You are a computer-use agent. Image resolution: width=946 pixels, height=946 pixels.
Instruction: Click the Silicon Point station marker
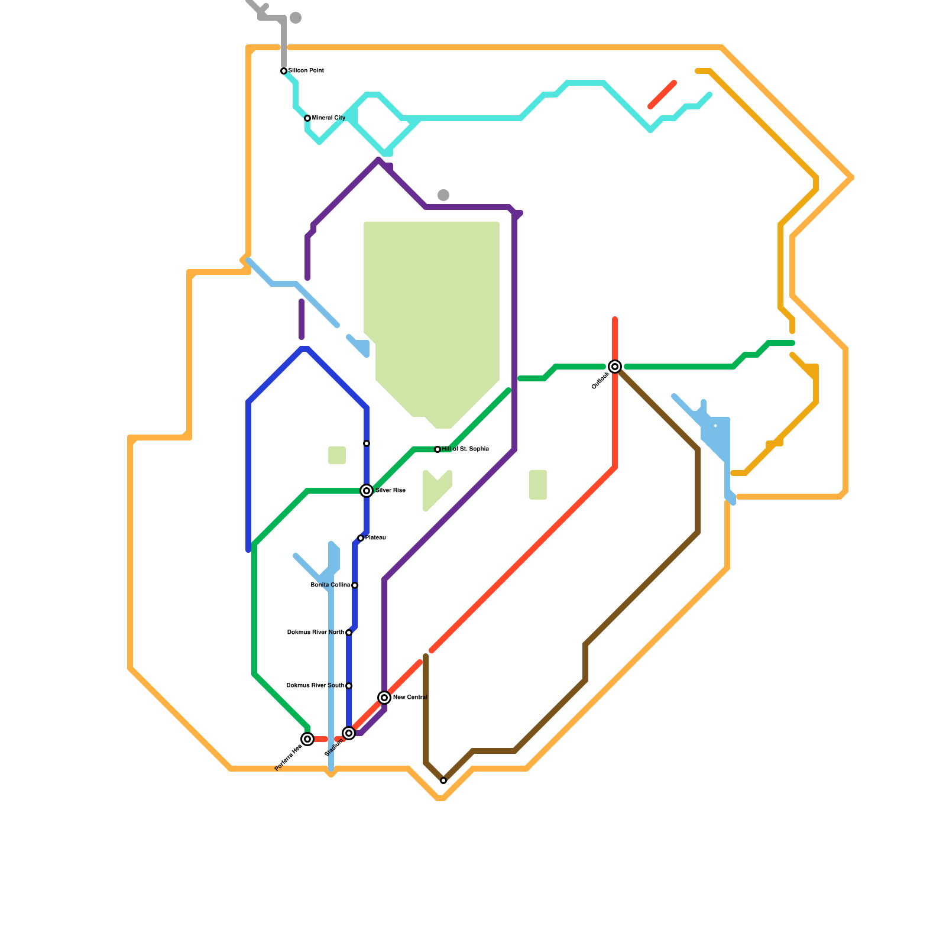pos(284,71)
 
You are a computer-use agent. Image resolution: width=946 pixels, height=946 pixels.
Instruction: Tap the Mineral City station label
pos(329,118)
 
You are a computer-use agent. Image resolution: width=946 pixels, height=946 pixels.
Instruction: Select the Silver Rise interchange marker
pos(367,491)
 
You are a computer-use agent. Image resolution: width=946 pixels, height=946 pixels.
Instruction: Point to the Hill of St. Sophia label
pos(465,449)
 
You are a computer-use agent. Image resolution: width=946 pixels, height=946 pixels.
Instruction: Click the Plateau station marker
pos(361,538)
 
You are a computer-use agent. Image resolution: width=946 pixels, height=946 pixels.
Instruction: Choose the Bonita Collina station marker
pos(355,585)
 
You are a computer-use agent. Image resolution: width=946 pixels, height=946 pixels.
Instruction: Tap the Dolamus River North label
pos(315,633)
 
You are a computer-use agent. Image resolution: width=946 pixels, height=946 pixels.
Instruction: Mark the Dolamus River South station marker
pos(349,686)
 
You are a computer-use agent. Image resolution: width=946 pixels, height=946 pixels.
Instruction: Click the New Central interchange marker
pos(384,698)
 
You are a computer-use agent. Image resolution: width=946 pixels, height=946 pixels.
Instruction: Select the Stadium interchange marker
pos(349,733)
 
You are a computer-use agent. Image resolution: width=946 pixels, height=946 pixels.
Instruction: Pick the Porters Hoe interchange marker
pos(307,739)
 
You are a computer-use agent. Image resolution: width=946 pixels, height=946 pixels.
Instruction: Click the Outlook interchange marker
pos(615,367)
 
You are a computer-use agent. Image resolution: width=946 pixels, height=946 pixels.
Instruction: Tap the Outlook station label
pos(600,381)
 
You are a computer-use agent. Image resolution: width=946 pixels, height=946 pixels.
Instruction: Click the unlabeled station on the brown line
pos(443,780)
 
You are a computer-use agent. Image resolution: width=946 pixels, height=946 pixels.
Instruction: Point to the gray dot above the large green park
pos(443,195)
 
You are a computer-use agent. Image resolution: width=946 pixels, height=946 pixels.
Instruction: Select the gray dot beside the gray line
pos(296,18)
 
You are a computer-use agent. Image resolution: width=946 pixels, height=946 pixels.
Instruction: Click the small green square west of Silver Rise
pos(337,455)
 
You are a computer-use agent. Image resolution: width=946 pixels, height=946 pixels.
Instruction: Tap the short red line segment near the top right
pos(662,95)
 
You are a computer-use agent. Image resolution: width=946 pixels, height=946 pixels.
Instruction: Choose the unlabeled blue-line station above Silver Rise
pos(367,443)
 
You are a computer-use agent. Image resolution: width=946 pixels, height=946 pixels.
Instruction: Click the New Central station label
pos(410,698)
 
